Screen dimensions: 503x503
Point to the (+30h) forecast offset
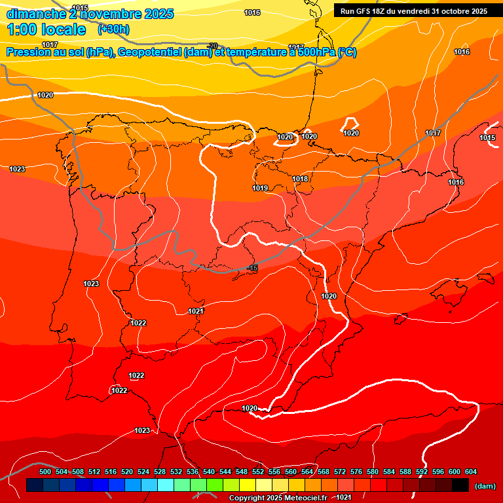[x=113, y=29]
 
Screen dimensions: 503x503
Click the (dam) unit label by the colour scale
[x=485, y=486]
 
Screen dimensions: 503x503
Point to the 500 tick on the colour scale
[x=45, y=472]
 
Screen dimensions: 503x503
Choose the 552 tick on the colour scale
[x=258, y=472]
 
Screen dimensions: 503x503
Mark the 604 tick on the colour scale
[x=471, y=472]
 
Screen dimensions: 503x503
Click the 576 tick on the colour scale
[x=356, y=472]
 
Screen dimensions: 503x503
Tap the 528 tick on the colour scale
[x=160, y=472]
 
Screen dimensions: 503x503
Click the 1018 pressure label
[x=300, y=179]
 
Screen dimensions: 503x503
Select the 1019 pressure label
[x=260, y=188]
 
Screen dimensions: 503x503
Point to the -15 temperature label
[x=253, y=269]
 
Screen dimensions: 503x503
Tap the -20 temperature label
[x=212, y=46]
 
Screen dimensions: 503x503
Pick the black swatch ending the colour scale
[x=460, y=485]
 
